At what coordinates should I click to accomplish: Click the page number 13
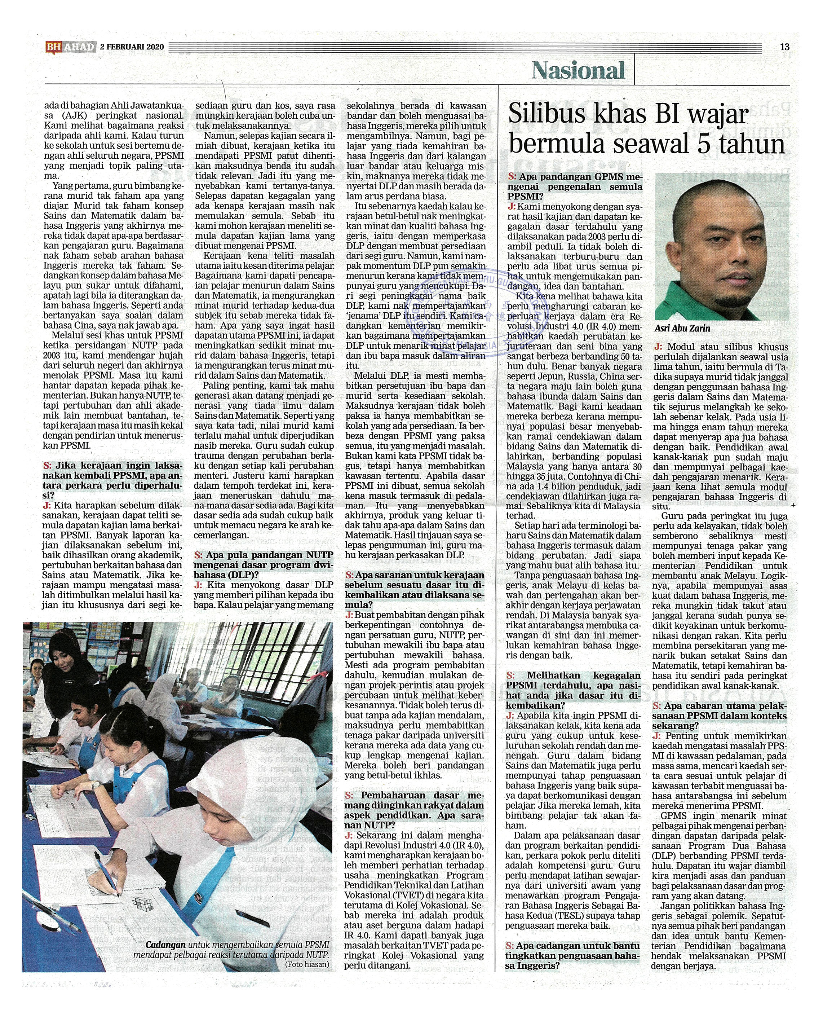click(784, 47)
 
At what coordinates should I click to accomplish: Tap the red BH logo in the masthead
click(53, 47)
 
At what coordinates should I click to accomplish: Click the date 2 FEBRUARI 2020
click(132, 47)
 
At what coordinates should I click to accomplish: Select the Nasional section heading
click(578, 71)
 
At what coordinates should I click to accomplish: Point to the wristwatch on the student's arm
click(96, 785)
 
